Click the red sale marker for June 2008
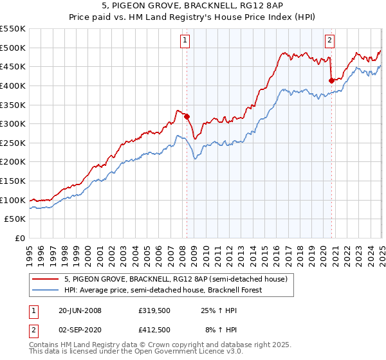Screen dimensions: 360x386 (187, 116)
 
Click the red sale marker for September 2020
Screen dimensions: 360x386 (331, 80)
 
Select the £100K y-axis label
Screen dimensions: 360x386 (14, 200)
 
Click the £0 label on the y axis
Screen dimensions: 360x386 (21, 239)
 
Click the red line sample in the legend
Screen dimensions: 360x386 (46, 279)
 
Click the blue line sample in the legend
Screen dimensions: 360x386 (46, 290)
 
